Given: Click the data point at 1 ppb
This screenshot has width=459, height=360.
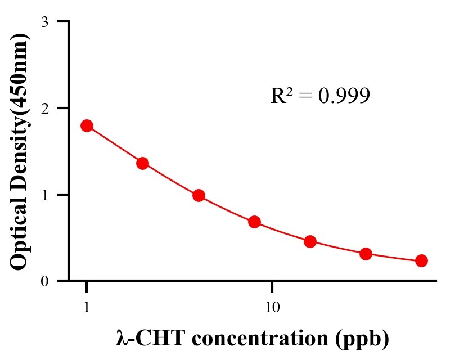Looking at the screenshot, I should (x=87, y=125).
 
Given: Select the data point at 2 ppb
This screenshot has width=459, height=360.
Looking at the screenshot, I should (x=142, y=163).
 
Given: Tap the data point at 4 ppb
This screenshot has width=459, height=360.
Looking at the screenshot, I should (x=199, y=196).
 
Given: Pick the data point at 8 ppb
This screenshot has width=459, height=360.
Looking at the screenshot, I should (x=254, y=222).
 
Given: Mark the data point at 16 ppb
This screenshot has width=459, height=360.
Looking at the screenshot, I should (x=310, y=242).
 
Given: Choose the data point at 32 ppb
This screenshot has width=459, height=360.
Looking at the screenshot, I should (x=366, y=254).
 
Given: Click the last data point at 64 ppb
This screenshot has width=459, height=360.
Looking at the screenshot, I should (x=421, y=260).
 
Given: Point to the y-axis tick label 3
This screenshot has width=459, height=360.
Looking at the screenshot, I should (x=44, y=22).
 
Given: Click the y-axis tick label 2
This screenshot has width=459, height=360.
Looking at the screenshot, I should (x=44, y=108).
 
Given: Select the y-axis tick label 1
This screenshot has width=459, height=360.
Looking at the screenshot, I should (x=44, y=195).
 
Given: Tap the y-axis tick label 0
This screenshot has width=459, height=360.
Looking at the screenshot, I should (x=44, y=281).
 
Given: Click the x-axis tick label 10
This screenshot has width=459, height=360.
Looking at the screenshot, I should (x=272, y=308).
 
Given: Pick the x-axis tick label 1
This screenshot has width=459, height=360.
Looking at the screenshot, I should (x=87, y=308).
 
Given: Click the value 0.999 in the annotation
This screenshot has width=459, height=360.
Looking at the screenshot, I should (x=344, y=96).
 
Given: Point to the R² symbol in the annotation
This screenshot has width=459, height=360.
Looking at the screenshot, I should (x=281, y=96).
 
